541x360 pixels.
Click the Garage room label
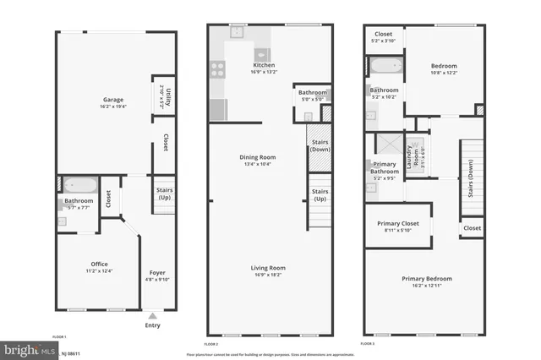(x=106, y=100)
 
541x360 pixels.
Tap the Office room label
(x=99, y=265)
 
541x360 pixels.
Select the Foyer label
(x=157, y=273)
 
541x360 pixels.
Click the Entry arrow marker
(x=152, y=316)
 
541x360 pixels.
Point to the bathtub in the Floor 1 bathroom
(x=79, y=184)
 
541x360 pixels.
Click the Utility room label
(x=169, y=95)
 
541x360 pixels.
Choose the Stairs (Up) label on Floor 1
(x=165, y=194)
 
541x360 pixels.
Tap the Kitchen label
(x=264, y=65)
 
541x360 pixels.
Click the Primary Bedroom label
(x=426, y=279)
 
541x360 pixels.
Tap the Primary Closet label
(x=397, y=223)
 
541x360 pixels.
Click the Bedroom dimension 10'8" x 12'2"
(x=444, y=73)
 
